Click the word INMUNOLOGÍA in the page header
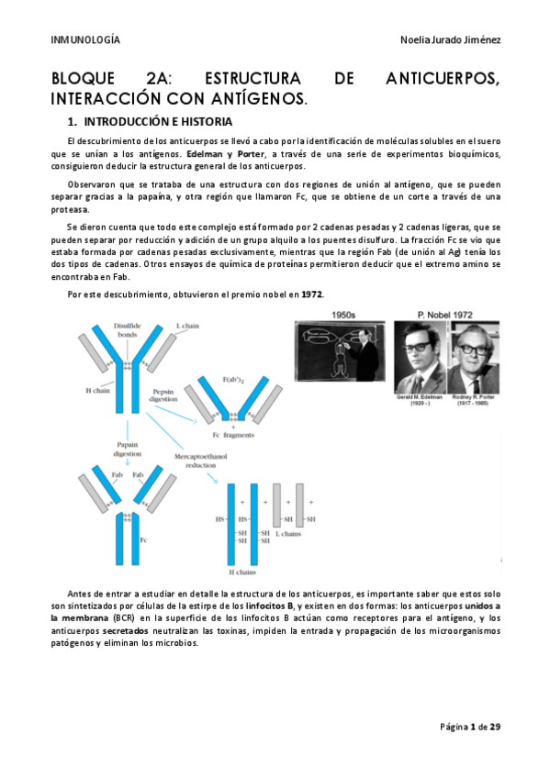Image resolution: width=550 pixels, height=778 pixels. (x=84, y=40)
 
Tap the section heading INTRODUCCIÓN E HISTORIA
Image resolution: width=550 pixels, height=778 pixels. (x=157, y=121)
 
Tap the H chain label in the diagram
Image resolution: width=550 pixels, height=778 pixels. (x=98, y=390)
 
